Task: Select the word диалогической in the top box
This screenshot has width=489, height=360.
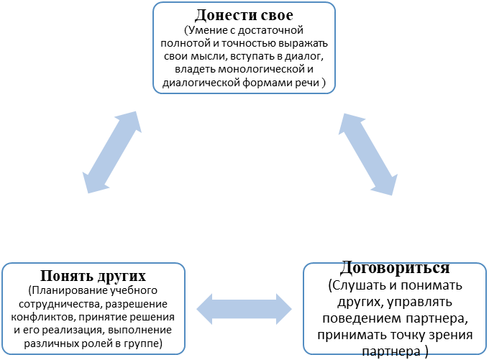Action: (x=201, y=83)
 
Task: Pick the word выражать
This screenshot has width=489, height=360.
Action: (x=303, y=44)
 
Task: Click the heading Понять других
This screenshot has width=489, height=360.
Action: (x=93, y=275)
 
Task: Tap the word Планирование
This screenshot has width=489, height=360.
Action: (x=67, y=291)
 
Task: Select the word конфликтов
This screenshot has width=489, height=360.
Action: (x=43, y=318)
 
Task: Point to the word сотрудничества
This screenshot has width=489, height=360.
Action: (x=60, y=304)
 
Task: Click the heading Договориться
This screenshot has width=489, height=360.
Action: (x=395, y=268)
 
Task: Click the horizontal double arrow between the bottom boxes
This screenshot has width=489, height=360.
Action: (x=244, y=309)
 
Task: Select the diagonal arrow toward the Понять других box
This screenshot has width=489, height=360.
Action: (x=112, y=152)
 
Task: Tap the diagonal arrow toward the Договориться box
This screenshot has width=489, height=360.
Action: (x=368, y=154)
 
